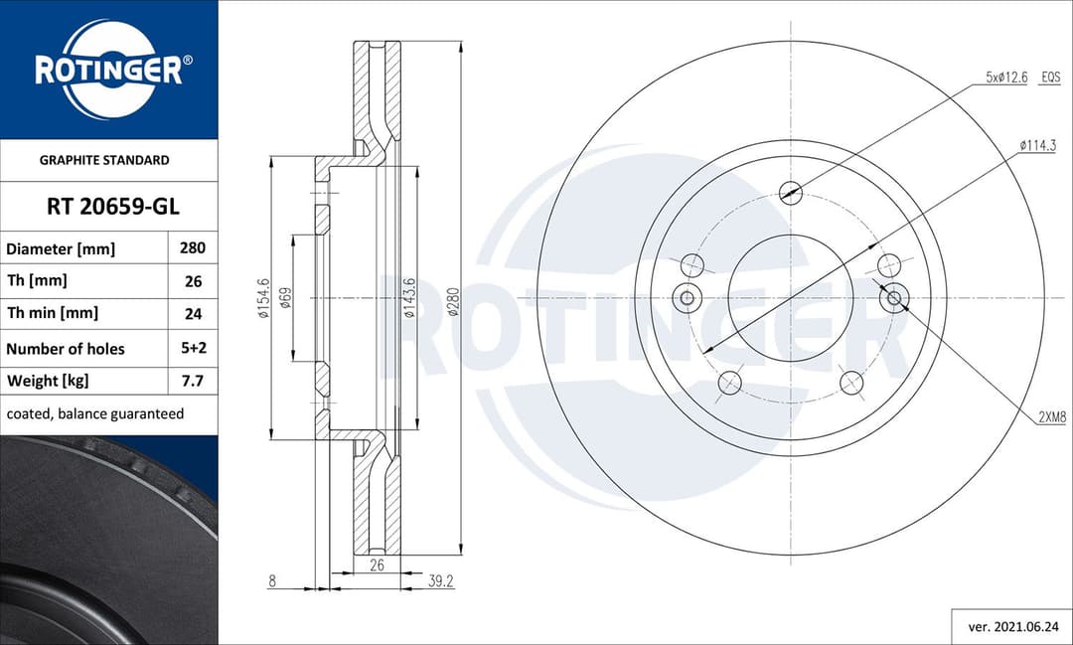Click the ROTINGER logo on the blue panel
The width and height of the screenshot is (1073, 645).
[108, 70]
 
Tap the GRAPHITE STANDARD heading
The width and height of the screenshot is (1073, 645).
[104, 160]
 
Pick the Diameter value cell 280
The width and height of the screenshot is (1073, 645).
[192, 248]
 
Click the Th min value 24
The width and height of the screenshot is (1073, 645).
[193, 313]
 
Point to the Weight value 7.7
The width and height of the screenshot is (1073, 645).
[193, 381]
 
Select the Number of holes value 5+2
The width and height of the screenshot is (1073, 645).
[193, 349]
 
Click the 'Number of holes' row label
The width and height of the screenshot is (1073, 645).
[66, 349]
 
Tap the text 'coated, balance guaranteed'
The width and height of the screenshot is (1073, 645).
[95, 413]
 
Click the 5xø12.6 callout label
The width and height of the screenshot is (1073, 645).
[1005, 77]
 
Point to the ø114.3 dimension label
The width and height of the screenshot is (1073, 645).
[1037, 145]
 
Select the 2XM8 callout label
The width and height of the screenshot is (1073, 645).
[1051, 418]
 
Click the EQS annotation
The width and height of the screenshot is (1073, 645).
[1050, 77]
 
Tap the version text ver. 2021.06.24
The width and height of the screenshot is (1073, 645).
[1011, 627]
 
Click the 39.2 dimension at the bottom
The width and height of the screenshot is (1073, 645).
[440, 581]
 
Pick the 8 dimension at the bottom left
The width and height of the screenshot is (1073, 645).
[271, 581]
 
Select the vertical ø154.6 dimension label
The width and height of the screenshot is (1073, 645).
[263, 298]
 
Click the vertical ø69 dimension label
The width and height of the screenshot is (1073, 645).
[285, 298]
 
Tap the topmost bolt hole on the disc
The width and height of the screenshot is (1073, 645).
[791, 193]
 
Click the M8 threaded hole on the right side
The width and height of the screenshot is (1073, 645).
[894, 297]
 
